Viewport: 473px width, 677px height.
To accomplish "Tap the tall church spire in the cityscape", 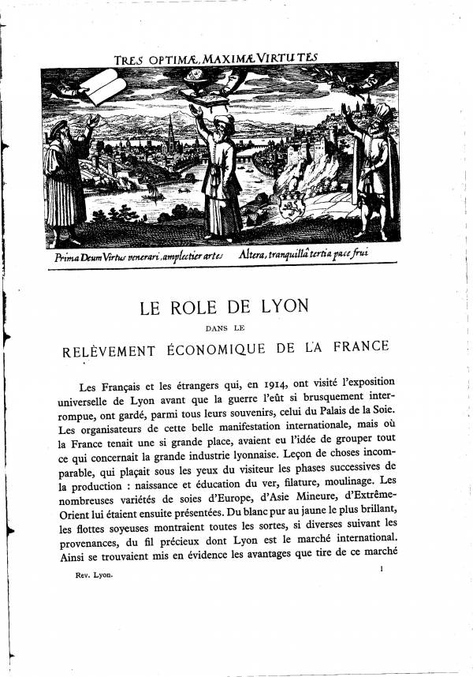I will [x=170, y=130].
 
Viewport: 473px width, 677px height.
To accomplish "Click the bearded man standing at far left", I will [x=66, y=178].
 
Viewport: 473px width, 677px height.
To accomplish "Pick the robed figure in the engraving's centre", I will [x=221, y=174].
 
